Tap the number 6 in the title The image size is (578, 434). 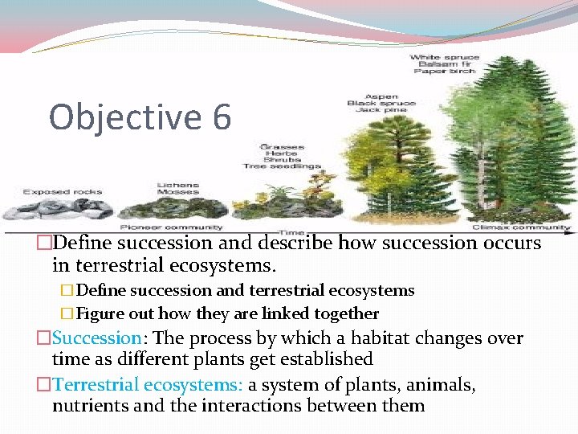pos(222,117)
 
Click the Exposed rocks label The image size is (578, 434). pos(52,192)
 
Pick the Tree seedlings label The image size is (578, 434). pos(282,166)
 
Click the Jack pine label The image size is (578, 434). pos(381,111)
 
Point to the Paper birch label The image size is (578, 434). pos(445,72)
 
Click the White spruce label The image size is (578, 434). pos(445,57)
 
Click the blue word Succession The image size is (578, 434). pos(96,338)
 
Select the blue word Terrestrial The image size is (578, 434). pos(100,385)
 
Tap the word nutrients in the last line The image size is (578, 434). pos(89,405)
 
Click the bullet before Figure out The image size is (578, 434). pos(67,313)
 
